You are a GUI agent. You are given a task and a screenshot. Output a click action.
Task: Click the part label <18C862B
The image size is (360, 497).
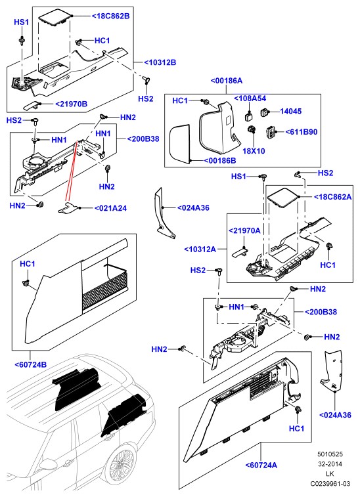[111, 16]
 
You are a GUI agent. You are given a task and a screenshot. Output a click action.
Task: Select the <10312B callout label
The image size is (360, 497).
[160, 62]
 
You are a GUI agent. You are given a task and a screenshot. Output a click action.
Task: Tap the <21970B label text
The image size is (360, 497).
[72, 104]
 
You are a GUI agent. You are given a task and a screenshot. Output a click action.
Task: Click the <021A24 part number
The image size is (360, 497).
[111, 208]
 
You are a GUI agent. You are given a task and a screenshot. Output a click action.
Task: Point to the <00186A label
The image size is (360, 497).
[227, 81]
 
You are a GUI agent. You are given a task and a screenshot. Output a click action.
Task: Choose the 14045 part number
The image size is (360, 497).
[290, 111]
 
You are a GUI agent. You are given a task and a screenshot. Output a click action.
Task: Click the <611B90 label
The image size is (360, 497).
[302, 132]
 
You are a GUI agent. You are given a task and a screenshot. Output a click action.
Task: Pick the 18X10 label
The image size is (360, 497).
[254, 151]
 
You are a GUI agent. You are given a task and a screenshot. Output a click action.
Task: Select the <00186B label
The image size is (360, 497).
[220, 161]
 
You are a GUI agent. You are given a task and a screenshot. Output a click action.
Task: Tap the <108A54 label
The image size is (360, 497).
[250, 98]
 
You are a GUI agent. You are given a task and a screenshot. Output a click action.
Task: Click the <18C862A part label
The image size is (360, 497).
[332, 197]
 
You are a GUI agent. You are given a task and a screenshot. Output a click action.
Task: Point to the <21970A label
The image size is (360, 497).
[244, 230]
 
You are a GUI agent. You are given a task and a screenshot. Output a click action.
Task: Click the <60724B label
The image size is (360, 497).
[31, 364]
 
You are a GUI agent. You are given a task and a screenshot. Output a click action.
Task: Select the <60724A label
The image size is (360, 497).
[261, 465]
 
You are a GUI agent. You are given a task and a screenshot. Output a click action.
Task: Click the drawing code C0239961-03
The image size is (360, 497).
[330, 484]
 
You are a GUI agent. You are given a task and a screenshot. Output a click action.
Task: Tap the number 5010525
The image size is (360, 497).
[330, 454]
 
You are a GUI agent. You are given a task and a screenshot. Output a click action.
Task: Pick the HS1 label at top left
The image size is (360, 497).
[22, 22]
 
